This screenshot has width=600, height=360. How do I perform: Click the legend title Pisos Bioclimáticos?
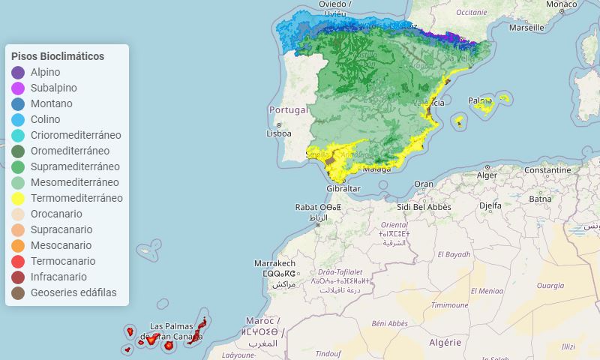58,56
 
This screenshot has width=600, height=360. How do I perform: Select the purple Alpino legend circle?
19,73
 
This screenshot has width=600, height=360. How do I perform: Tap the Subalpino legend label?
53,88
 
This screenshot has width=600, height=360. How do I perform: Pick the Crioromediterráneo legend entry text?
76,135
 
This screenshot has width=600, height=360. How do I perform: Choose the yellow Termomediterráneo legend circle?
19,199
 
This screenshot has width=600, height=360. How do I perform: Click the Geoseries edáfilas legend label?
73,292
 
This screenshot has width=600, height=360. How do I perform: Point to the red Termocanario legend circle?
19,262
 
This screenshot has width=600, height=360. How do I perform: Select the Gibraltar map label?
343,188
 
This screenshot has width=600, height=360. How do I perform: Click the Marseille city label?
526,28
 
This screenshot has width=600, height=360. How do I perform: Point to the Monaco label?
561,4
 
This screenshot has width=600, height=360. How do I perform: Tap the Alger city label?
487,175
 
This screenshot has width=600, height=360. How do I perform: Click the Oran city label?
424,184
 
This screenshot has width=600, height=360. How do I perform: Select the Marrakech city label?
274,264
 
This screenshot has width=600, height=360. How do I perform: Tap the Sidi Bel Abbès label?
424,206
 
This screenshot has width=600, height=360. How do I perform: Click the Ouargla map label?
550,286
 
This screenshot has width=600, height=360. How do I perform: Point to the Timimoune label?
449,305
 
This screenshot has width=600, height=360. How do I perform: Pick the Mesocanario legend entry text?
61,245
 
